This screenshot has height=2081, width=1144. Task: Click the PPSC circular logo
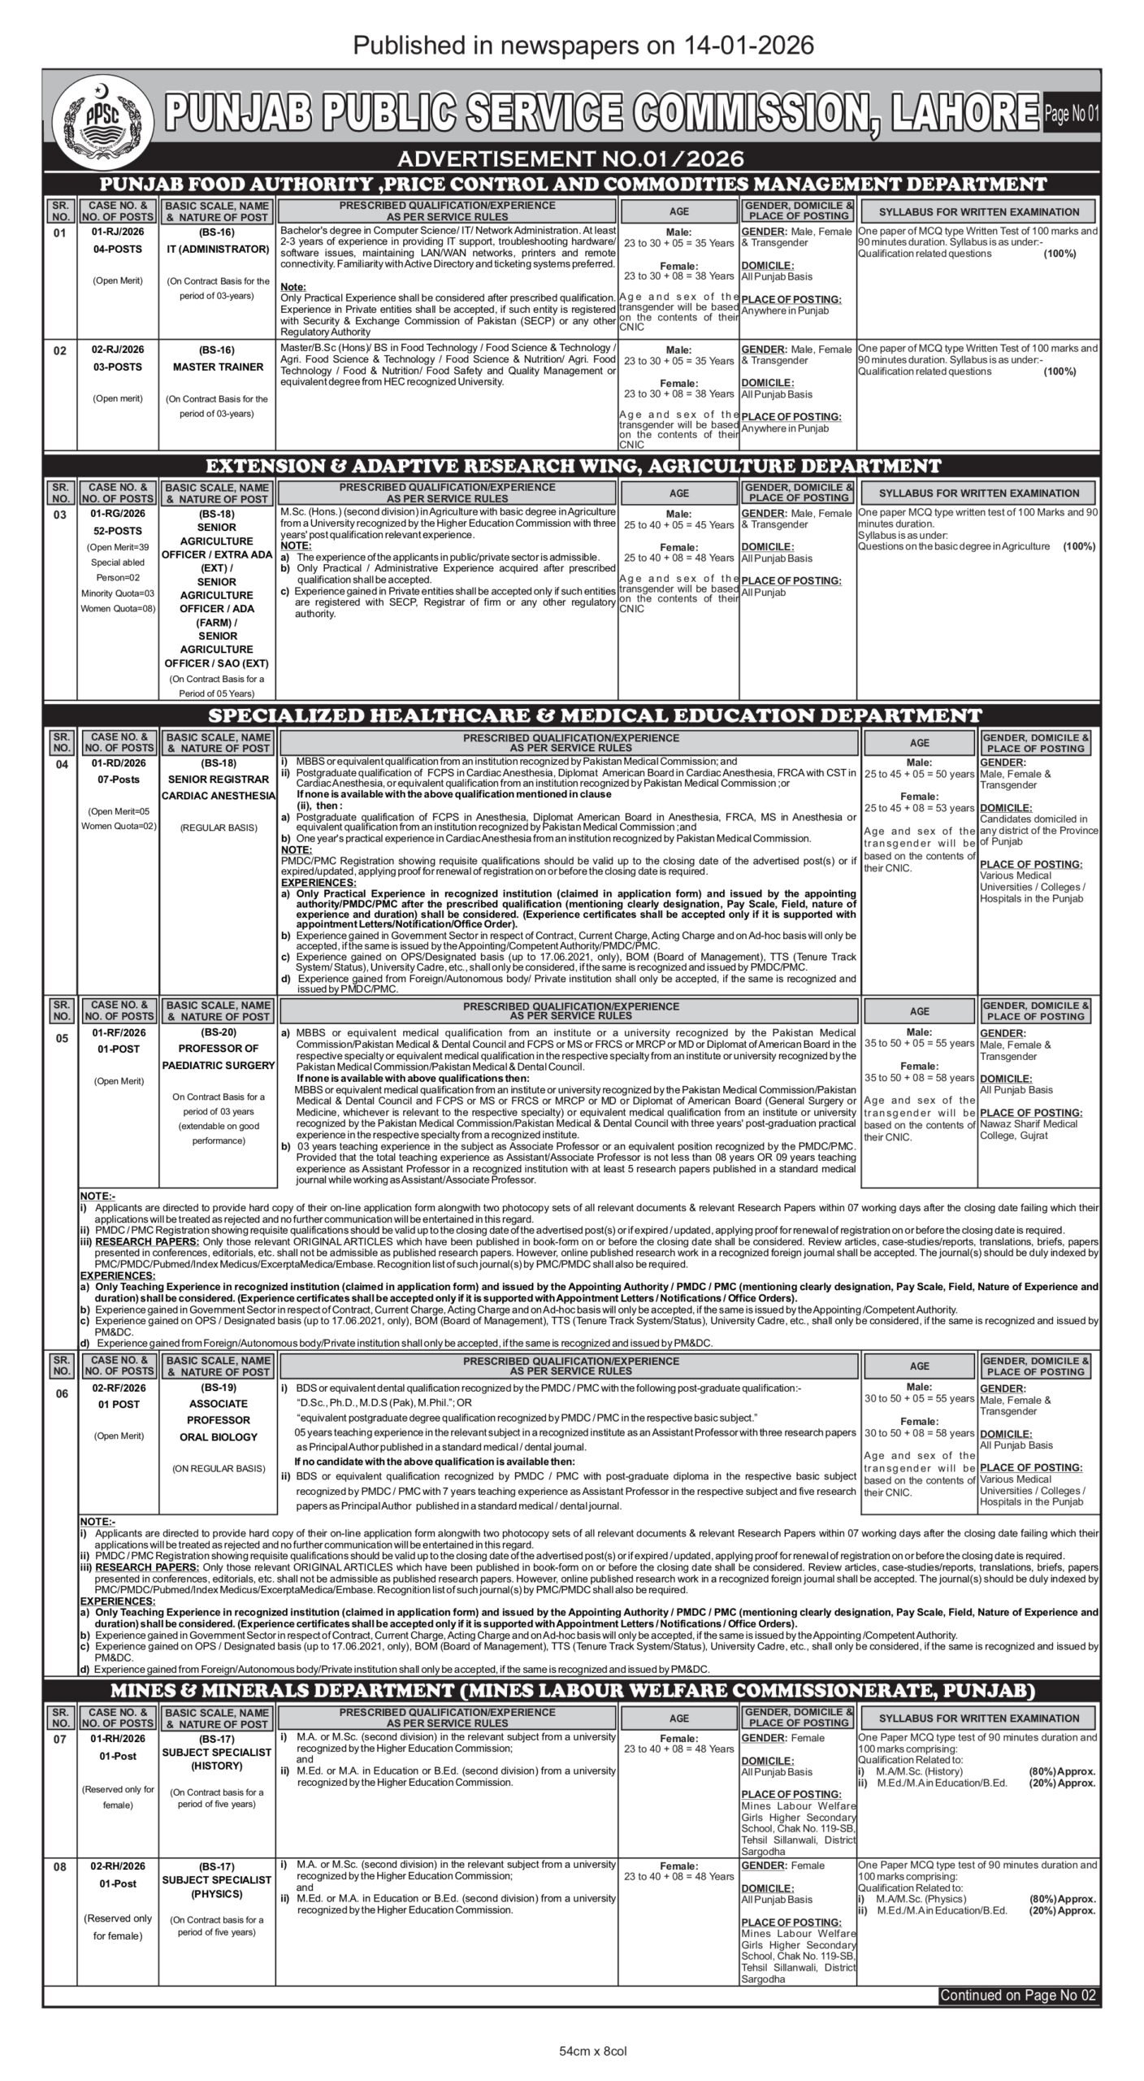[102, 116]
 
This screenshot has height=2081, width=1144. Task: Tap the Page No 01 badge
[1072, 114]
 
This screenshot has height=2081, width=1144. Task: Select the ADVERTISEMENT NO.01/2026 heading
[571, 158]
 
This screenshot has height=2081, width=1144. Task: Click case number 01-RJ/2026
[118, 232]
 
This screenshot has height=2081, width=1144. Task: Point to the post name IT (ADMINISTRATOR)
[218, 249]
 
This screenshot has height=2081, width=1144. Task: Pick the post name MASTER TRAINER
[218, 367]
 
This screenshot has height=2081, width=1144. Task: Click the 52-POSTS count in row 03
[118, 530]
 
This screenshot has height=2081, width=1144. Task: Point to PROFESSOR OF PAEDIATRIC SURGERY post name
[218, 1057]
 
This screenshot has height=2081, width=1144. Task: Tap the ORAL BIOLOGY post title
[218, 1436]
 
